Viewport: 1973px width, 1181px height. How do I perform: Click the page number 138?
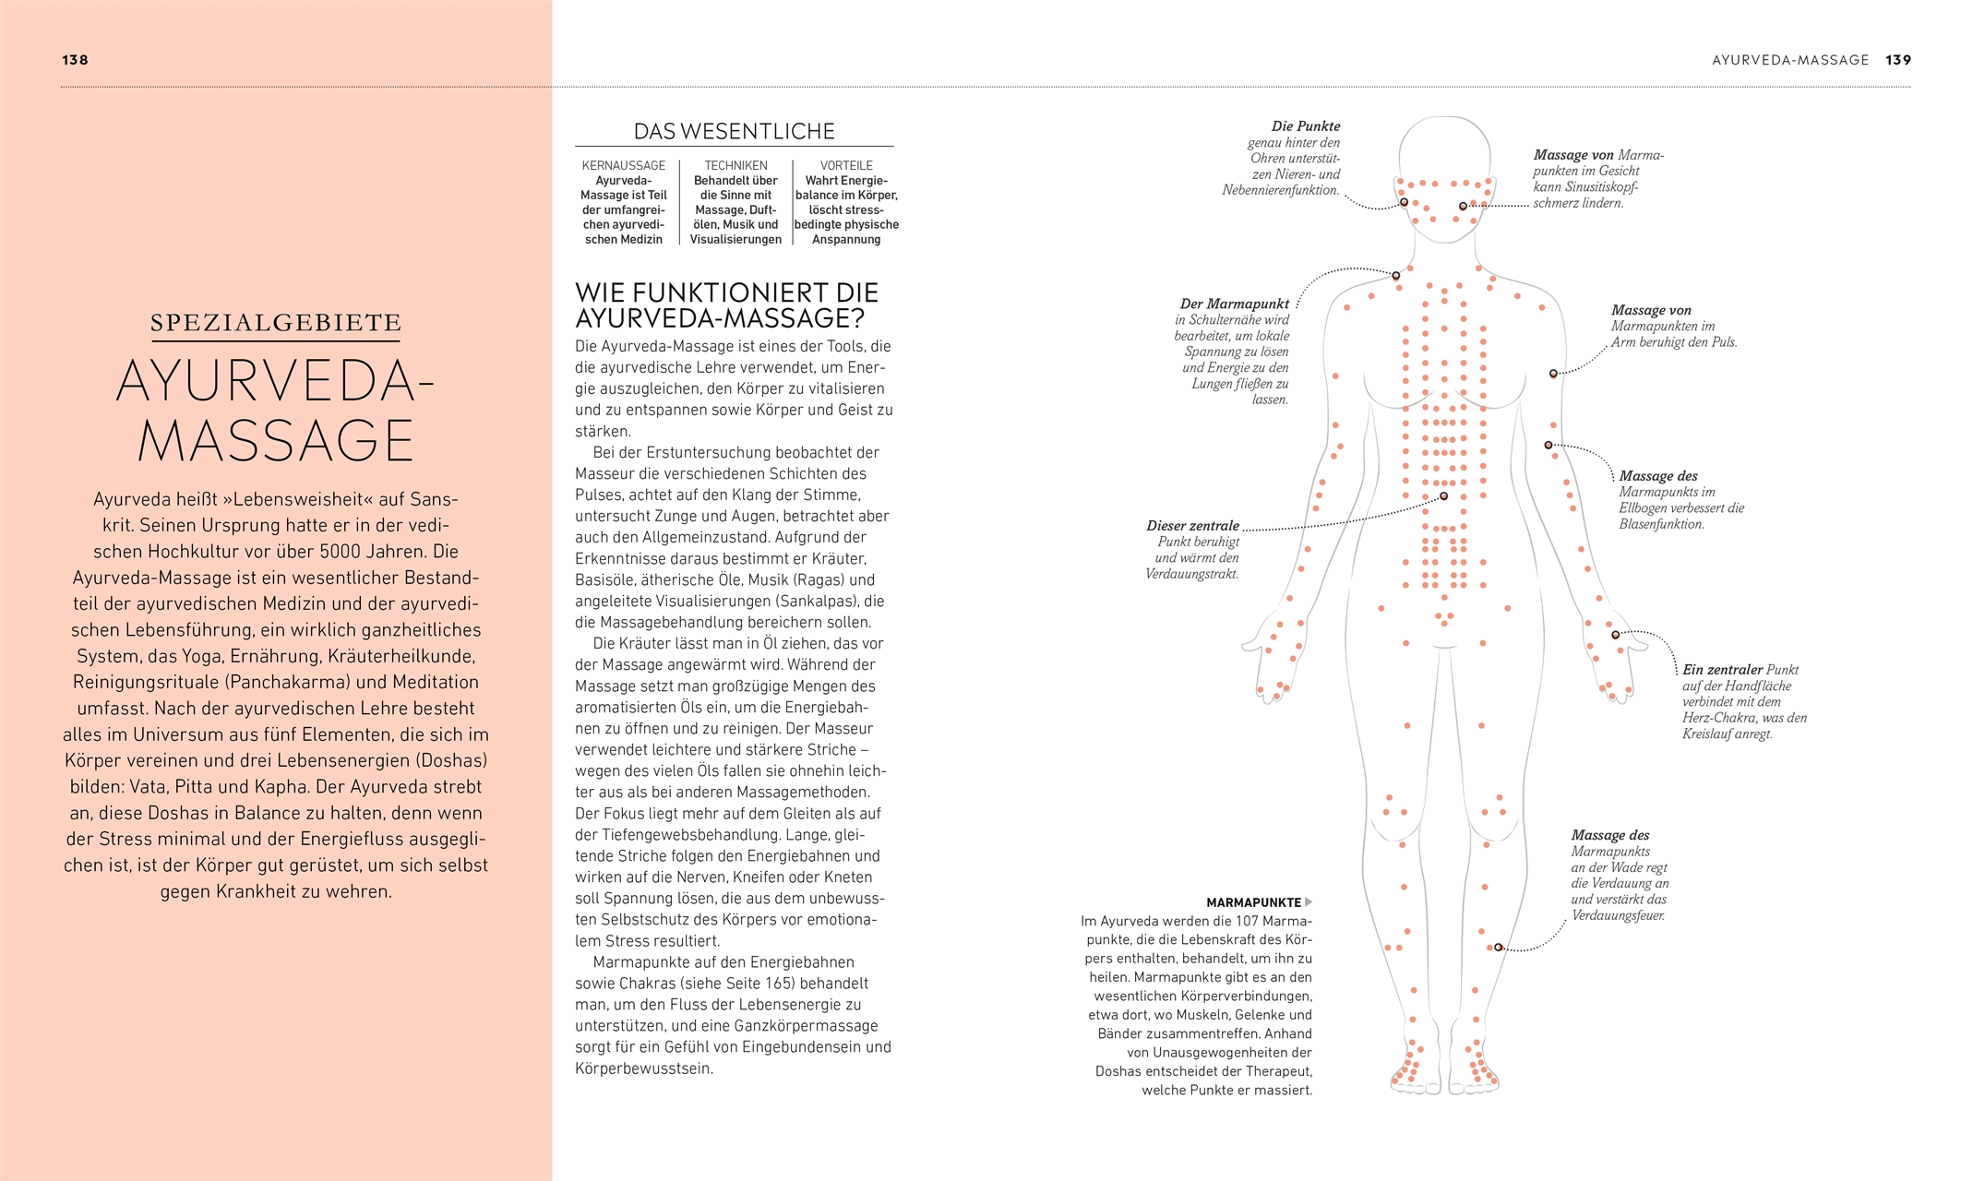pyautogui.click(x=75, y=60)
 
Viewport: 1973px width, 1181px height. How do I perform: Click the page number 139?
pyautogui.click(x=1898, y=60)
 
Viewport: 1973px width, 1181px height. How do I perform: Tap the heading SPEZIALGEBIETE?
pyautogui.click(x=276, y=323)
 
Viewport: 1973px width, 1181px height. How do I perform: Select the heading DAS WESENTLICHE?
pyautogui.click(x=734, y=131)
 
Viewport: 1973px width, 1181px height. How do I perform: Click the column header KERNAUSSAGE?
pyautogui.click(x=623, y=165)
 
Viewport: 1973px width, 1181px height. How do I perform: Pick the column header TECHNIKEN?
pyautogui.click(x=735, y=165)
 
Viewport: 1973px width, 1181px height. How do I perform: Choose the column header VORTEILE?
pyautogui.click(x=846, y=165)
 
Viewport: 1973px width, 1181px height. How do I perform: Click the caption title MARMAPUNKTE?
pyautogui.click(x=1253, y=902)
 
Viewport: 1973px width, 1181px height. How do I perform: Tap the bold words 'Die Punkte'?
pyautogui.click(x=1305, y=126)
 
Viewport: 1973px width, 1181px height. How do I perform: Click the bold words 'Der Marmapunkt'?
pyautogui.click(x=1234, y=304)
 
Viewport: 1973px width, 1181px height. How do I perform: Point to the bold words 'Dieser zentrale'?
pyautogui.click(x=1192, y=526)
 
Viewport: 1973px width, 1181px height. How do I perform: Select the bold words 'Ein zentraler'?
pyautogui.click(x=1722, y=670)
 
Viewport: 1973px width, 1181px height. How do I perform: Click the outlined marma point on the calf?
pyautogui.click(x=1498, y=948)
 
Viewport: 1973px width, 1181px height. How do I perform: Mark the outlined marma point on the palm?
pyautogui.click(x=1615, y=635)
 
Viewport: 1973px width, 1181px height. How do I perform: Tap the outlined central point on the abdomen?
pyautogui.click(x=1444, y=496)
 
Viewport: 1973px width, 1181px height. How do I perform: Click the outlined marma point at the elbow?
pyautogui.click(x=1549, y=446)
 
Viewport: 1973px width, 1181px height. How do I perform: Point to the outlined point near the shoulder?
pyautogui.click(x=1395, y=276)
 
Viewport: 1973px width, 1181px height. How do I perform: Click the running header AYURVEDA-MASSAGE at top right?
pyautogui.click(x=1790, y=60)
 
